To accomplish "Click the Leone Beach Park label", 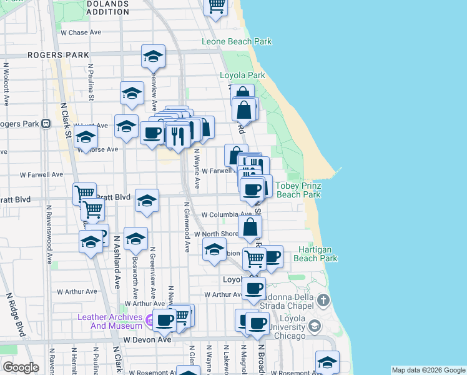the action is click(x=237, y=42).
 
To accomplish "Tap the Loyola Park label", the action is click(x=242, y=76).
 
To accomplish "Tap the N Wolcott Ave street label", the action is click(x=6, y=84).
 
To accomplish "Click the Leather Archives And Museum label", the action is click(x=110, y=321).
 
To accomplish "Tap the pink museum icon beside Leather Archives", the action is click(x=149, y=322).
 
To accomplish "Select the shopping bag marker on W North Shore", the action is click(x=250, y=227).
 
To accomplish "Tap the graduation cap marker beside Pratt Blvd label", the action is click(x=147, y=201).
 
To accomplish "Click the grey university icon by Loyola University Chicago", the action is click(x=315, y=326).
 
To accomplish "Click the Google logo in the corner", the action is click(x=21, y=367).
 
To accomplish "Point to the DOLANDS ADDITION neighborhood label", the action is click(x=107, y=7).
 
